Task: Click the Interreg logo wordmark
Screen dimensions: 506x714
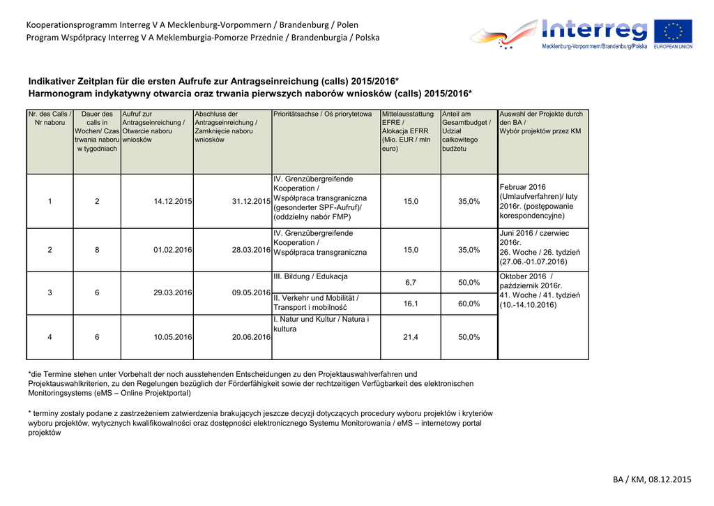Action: (594, 31)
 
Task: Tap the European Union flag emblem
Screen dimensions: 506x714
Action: (673, 31)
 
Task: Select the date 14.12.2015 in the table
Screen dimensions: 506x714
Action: (173, 202)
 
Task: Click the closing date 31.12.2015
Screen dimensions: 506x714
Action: (251, 202)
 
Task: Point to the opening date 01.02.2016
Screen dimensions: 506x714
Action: (173, 250)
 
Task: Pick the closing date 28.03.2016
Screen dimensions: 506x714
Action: (251, 250)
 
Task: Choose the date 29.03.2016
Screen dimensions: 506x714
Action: (173, 293)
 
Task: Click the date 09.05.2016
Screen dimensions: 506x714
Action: (251, 293)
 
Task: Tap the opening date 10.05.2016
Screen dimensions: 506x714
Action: (173, 337)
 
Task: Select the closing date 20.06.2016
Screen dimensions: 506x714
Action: (251, 337)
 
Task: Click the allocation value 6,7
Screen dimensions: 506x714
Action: (411, 283)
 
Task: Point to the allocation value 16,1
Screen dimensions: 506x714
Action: (411, 304)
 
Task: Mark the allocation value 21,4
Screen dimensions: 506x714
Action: (411, 337)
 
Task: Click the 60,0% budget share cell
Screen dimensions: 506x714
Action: (469, 304)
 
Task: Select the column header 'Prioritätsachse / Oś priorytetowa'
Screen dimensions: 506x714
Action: (323, 114)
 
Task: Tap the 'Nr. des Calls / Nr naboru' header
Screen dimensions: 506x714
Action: (50, 118)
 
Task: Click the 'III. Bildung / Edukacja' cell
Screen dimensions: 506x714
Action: (310, 276)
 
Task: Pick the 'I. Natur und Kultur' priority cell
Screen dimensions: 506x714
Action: (321, 324)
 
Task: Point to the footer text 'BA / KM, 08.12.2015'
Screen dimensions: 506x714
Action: (652, 479)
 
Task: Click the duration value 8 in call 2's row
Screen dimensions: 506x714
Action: (97, 250)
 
